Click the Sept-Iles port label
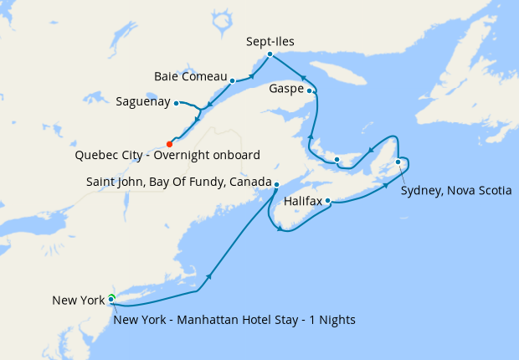click(270, 40)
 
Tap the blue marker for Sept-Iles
click(270, 54)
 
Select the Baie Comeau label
click(190, 77)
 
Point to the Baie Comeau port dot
click(232, 81)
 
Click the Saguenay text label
click(143, 103)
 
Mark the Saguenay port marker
click(176, 103)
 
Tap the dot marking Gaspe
click(310, 90)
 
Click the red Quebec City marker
click(170, 144)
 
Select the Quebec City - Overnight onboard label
click(167, 156)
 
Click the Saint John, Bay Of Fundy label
click(178, 182)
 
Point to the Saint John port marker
click(277, 184)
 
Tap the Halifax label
click(303, 202)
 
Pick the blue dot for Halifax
click(328, 201)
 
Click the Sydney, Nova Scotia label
click(455, 191)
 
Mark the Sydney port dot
click(398, 162)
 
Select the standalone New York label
click(78, 301)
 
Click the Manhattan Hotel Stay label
click(234, 320)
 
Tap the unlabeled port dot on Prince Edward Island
click(336, 159)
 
